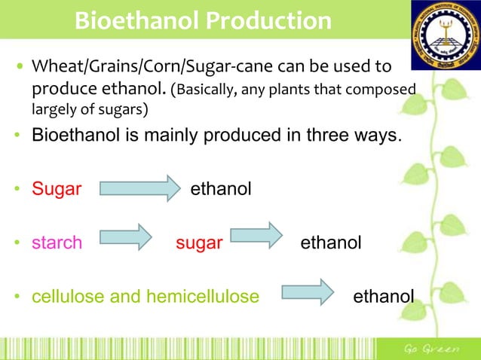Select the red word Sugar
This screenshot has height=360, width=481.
[x=56, y=189]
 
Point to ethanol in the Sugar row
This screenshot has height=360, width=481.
[x=220, y=189]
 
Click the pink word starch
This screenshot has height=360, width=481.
[x=57, y=243]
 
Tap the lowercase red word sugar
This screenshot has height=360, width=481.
[x=199, y=243]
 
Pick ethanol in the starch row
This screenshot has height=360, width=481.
[x=331, y=243]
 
